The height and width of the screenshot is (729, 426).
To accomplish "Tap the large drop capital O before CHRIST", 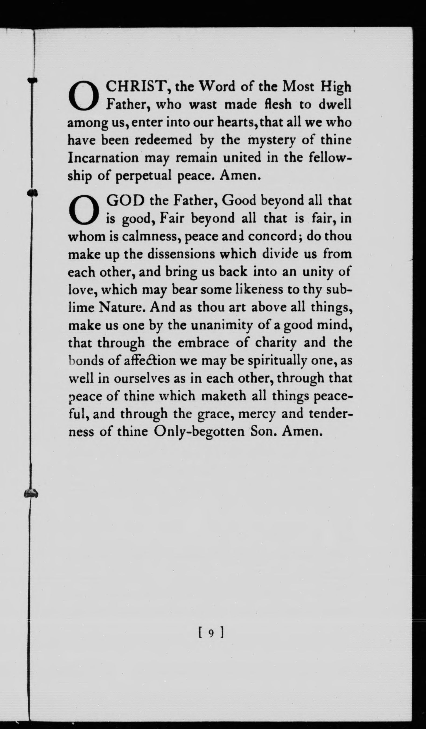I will coord(83,96).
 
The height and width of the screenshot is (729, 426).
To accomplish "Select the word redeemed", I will coord(163,140).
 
